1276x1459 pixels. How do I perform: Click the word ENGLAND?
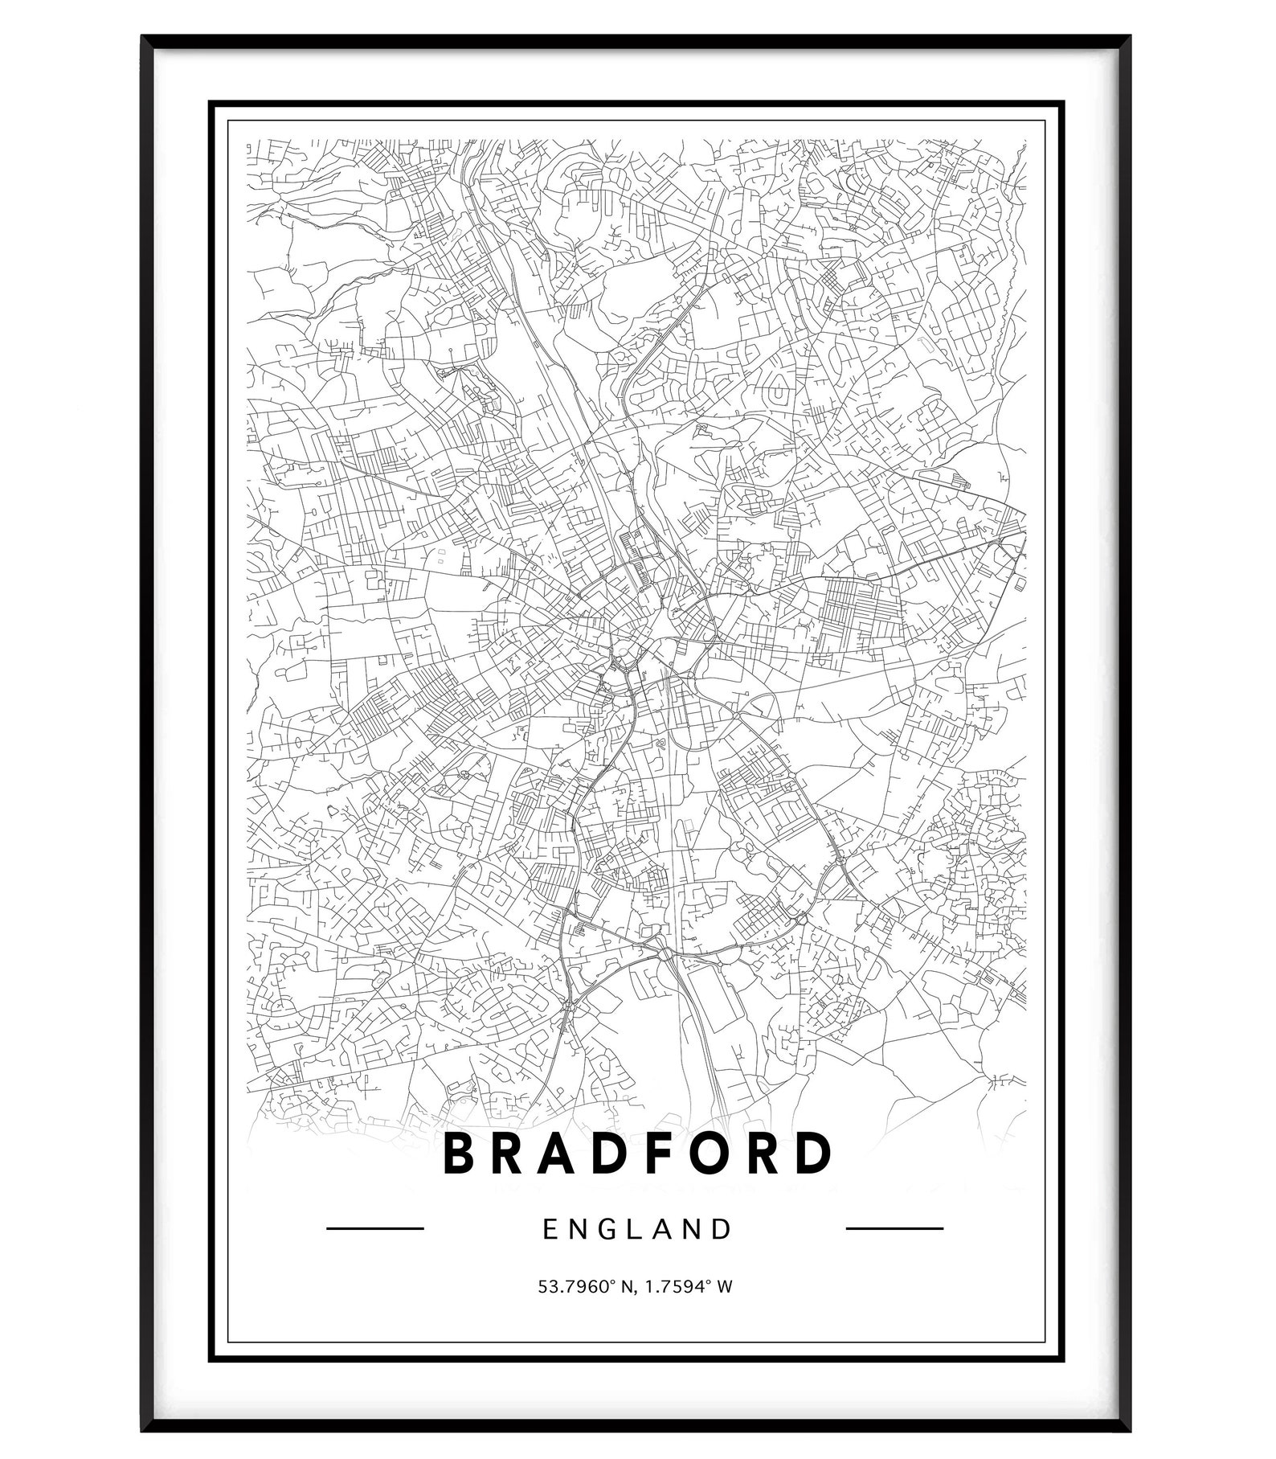point(638,1229)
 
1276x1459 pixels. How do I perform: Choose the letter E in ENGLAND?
point(550,1229)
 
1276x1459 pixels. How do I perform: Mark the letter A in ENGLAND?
point(666,1229)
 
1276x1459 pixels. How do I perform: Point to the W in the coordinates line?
point(724,1287)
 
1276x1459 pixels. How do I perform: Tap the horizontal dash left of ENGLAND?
point(375,1228)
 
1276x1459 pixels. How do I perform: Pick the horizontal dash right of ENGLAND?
point(895,1228)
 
